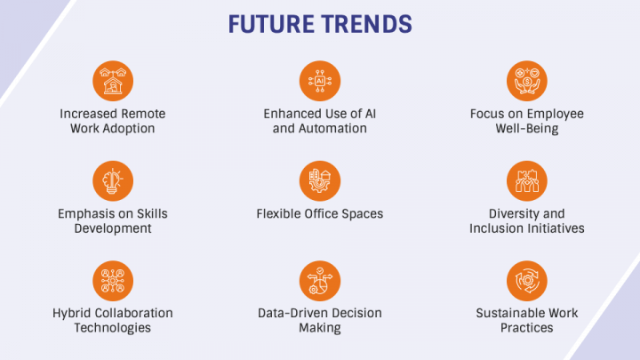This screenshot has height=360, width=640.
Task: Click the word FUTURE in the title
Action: pos(271,24)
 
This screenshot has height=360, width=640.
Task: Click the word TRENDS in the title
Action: pos(366,24)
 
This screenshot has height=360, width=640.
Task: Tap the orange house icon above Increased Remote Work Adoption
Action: pos(113,81)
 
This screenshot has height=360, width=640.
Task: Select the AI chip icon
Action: pos(320,81)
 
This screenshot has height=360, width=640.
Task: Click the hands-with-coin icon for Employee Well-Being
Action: pos(527,81)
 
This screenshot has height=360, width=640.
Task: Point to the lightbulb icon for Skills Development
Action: pos(113,180)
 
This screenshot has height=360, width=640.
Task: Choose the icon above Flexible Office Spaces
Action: pos(320,180)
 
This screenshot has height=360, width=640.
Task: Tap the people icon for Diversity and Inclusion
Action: pos(527,180)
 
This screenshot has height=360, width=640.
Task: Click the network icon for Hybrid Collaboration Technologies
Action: pos(113,281)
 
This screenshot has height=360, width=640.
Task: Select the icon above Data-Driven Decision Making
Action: pos(320,281)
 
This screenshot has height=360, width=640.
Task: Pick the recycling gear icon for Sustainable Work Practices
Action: pos(527,281)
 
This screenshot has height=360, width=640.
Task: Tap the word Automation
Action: pos(332,129)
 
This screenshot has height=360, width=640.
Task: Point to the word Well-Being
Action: pos(527,129)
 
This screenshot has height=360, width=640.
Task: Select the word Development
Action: pos(113,228)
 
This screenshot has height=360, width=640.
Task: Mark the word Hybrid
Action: pos(69,314)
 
